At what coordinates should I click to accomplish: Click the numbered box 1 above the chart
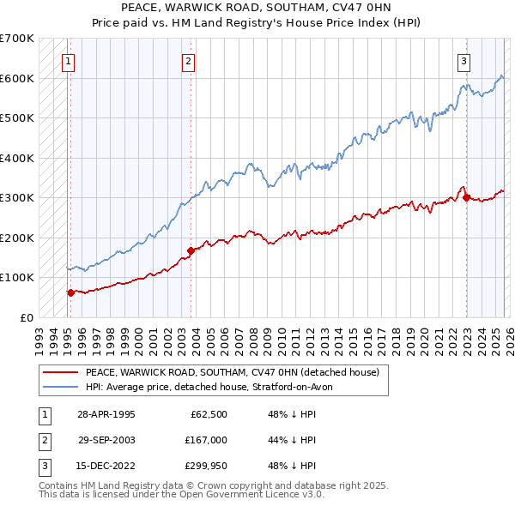pyautogui.click(x=67, y=61)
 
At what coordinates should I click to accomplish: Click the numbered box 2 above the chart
pyautogui.click(x=187, y=61)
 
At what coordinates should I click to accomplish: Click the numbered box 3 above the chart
pyautogui.click(x=463, y=61)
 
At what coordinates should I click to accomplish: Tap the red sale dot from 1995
pyautogui.click(x=70, y=292)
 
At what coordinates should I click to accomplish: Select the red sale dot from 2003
pyautogui.click(x=191, y=250)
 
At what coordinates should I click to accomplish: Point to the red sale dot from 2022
pyautogui.click(x=466, y=197)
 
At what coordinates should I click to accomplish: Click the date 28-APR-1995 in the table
pyautogui.click(x=106, y=414)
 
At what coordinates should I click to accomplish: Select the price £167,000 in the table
pyautogui.click(x=205, y=440)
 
